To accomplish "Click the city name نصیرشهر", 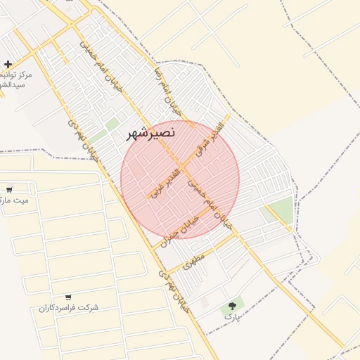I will [x=151, y=131].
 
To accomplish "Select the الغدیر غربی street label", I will [x=163, y=181].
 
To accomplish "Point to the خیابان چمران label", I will [x=181, y=229].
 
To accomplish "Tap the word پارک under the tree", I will [x=232, y=317].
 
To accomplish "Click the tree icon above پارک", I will [x=231, y=306].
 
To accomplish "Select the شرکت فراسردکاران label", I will [x=69, y=308].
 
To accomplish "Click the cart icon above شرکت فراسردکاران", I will [x=68, y=297].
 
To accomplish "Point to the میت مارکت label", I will [x=15, y=200].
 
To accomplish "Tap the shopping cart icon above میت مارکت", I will [x=9, y=189].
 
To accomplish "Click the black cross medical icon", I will [x=8, y=64].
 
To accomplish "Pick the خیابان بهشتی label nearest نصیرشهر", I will [x=82, y=137].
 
